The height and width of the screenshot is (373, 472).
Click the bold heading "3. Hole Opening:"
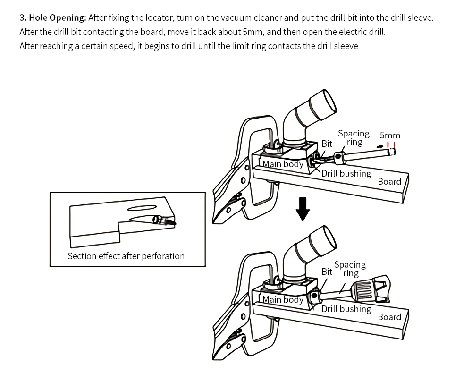(x=53, y=18)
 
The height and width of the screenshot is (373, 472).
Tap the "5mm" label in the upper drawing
(x=390, y=135)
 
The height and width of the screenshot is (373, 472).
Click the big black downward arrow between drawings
(x=303, y=209)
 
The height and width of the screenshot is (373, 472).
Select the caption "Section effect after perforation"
(x=126, y=256)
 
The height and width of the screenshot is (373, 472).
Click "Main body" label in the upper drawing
(x=283, y=164)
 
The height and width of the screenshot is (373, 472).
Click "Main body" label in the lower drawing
(x=283, y=299)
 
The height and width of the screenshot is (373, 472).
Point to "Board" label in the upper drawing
(x=389, y=181)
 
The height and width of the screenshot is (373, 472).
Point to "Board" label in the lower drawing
(x=389, y=317)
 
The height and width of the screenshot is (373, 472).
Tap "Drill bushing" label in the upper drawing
(x=346, y=173)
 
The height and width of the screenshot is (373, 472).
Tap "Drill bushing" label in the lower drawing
(x=346, y=309)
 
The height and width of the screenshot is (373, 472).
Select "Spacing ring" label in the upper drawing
(x=354, y=137)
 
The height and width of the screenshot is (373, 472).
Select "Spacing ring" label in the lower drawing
(x=350, y=269)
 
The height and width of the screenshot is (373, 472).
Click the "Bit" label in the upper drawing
(x=327, y=144)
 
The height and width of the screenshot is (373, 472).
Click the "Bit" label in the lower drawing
(x=327, y=271)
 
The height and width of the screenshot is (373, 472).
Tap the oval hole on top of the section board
(x=142, y=208)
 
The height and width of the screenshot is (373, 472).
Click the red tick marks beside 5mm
(x=391, y=145)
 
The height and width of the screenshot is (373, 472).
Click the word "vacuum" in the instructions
(x=235, y=18)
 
